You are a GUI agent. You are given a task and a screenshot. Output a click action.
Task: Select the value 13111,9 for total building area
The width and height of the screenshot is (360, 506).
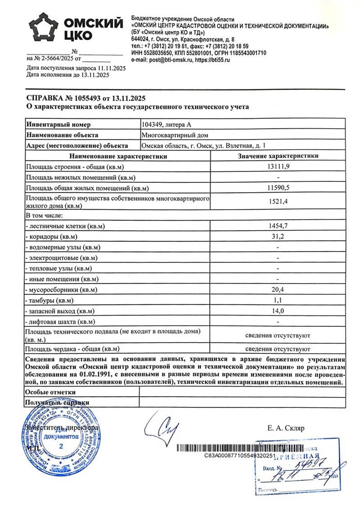[x=278, y=167]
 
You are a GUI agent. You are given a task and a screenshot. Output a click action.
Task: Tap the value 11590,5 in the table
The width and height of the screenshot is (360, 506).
[x=278, y=188]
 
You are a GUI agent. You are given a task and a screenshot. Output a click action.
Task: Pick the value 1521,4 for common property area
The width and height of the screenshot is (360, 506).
[x=278, y=202]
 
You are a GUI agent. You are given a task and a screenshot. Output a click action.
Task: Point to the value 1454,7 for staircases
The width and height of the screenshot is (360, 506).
[x=278, y=226]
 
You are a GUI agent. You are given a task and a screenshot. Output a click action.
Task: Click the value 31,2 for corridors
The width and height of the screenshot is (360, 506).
[x=278, y=236]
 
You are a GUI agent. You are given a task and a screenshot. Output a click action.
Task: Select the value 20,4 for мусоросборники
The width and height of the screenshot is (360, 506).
[x=278, y=289]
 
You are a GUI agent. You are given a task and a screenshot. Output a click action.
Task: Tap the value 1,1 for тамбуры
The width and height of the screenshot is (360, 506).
[x=278, y=300]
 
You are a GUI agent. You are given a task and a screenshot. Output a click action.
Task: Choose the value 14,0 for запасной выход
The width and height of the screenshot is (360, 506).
[x=278, y=311]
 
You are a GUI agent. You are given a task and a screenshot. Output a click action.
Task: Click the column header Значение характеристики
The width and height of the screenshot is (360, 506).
[x=278, y=156]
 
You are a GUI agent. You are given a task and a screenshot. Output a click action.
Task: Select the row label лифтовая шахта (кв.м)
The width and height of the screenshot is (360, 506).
[x=61, y=321]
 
